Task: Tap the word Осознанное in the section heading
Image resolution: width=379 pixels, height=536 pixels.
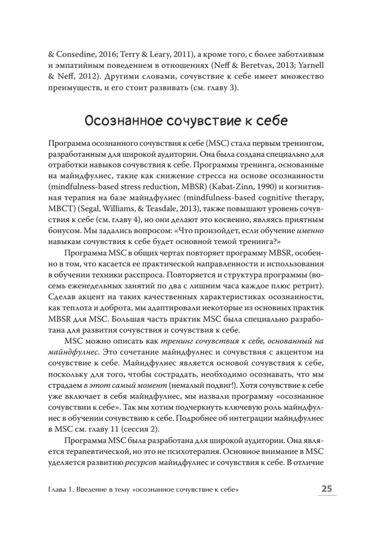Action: click(123, 121)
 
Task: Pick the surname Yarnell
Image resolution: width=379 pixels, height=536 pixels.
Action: click(311, 65)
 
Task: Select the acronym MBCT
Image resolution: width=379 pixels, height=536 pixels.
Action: click(60, 209)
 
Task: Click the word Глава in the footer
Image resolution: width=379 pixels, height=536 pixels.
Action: click(57, 489)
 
